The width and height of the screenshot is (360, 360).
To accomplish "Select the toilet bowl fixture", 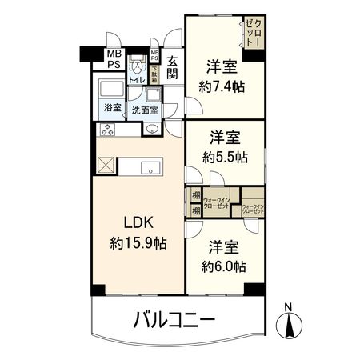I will tap(137, 66).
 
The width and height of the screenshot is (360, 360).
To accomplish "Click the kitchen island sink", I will tap(148, 167).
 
